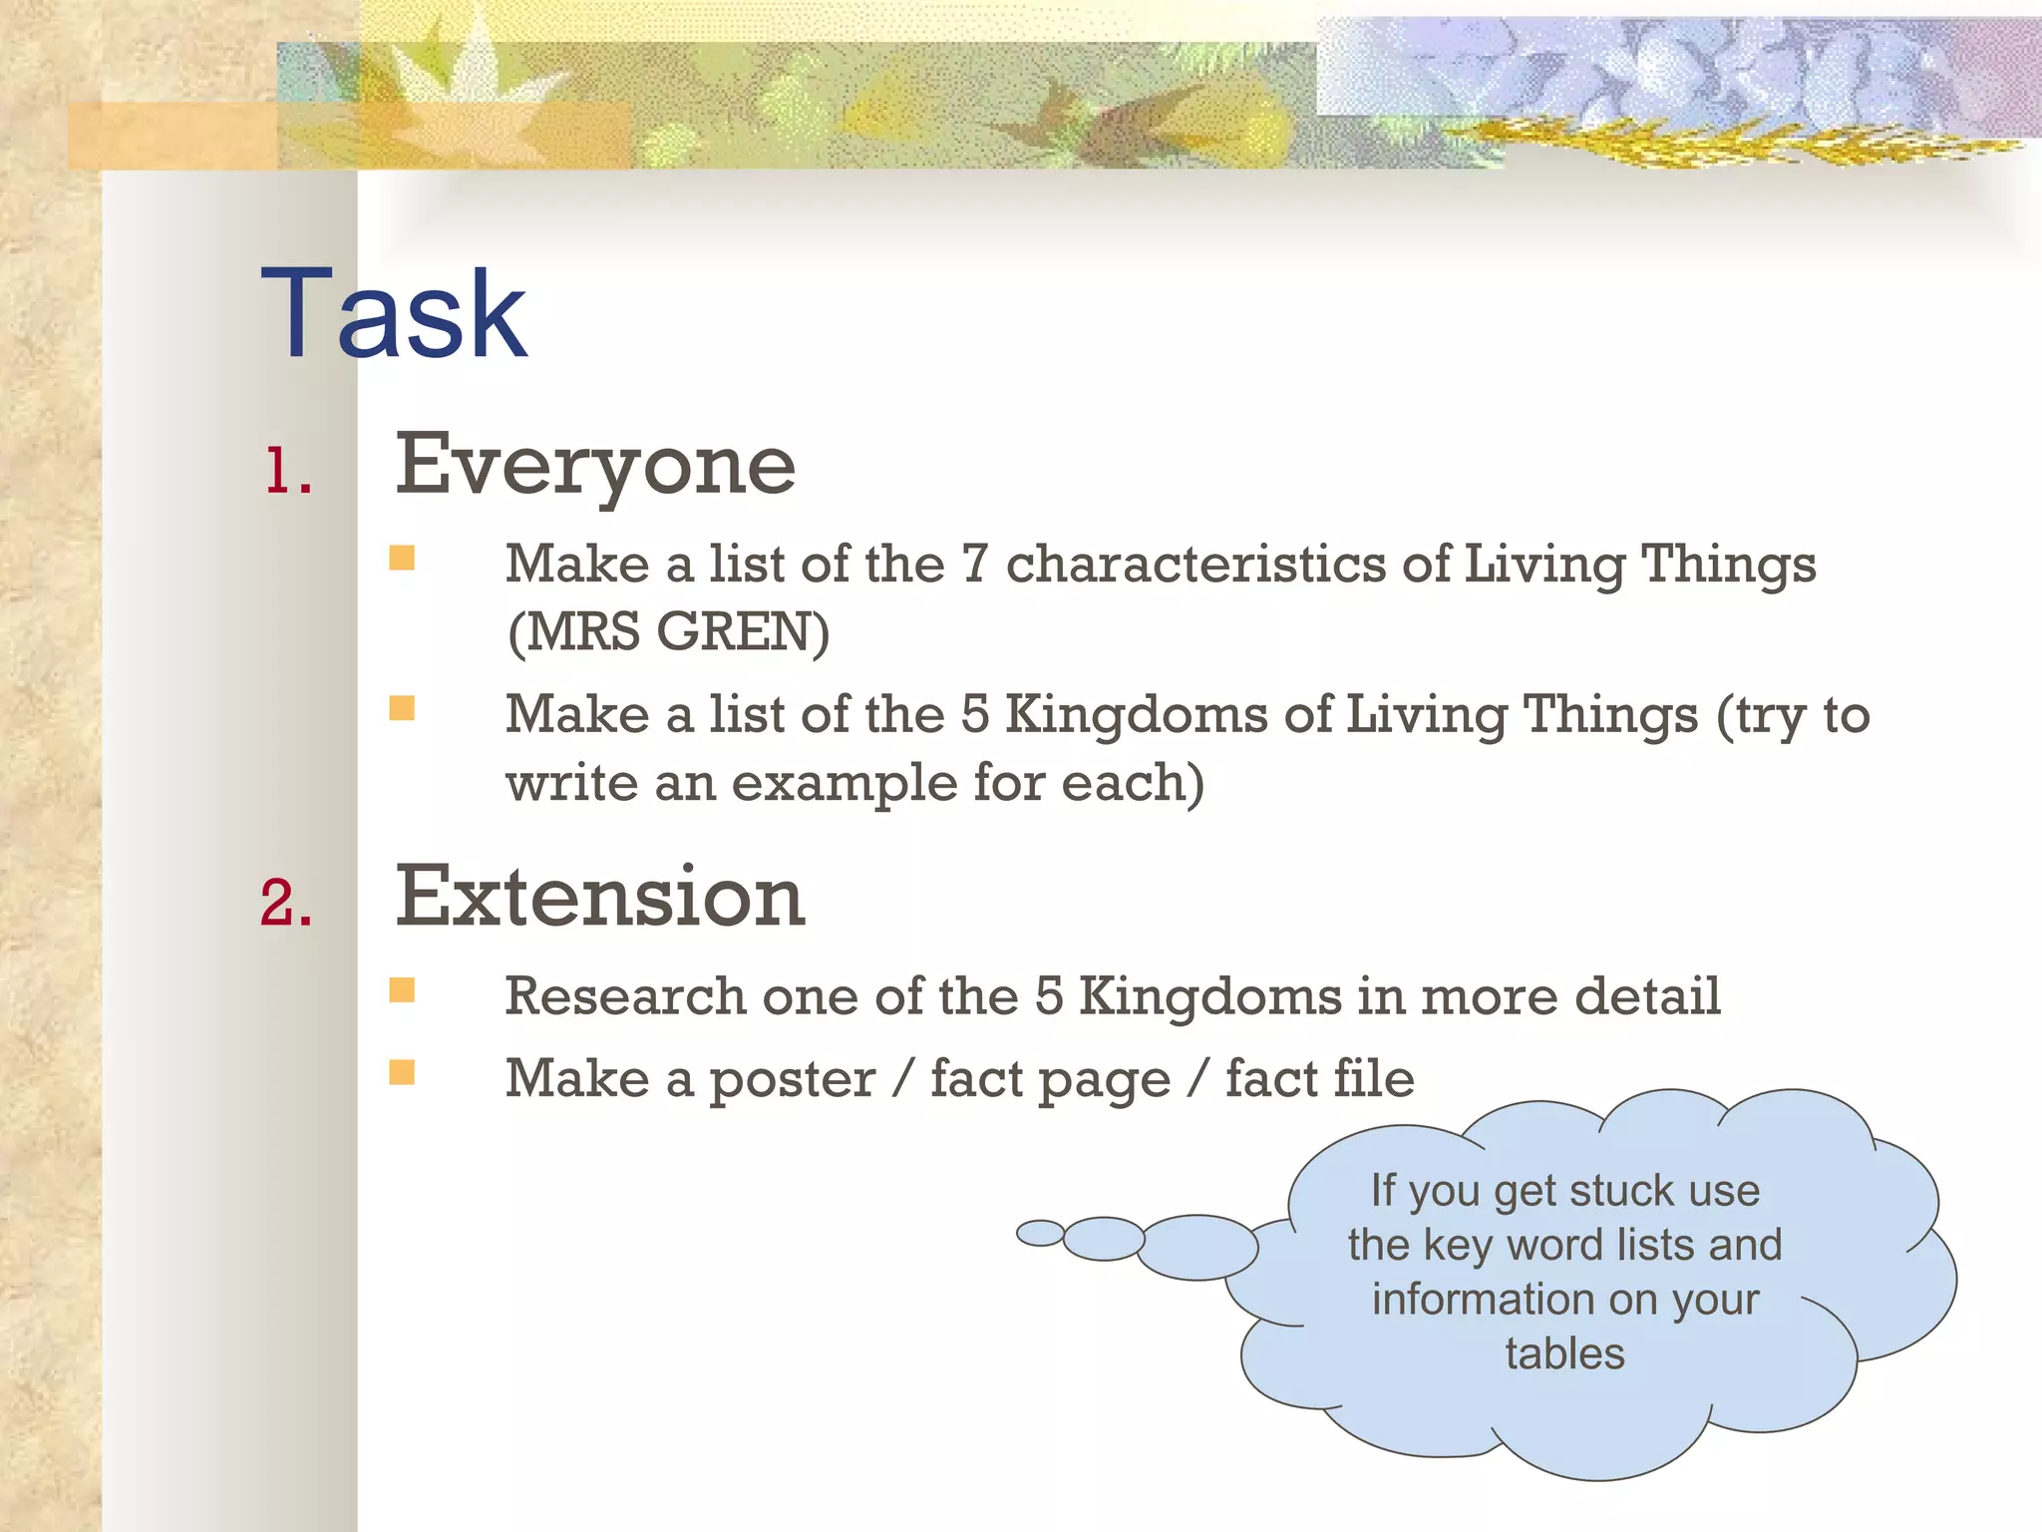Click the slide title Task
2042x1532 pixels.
click(x=393, y=314)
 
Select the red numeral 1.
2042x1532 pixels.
click(x=288, y=471)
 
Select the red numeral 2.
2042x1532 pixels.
click(x=286, y=903)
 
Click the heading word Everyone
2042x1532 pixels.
click(x=595, y=465)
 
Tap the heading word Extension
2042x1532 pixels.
click(x=599, y=897)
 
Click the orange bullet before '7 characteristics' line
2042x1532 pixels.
click(x=402, y=557)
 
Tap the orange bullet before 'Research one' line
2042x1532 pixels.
click(x=402, y=989)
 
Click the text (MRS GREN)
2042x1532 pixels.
click(x=668, y=632)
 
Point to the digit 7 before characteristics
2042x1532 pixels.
click(x=974, y=564)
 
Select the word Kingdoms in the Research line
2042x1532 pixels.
click(x=1210, y=995)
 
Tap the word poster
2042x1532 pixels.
click(x=792, y=1080)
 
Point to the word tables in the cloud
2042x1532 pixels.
click(x=1564, y=1354)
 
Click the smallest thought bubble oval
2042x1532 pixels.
click(x=1040, y=1233)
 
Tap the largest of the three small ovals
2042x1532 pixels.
click(x=1197, y=1247)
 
